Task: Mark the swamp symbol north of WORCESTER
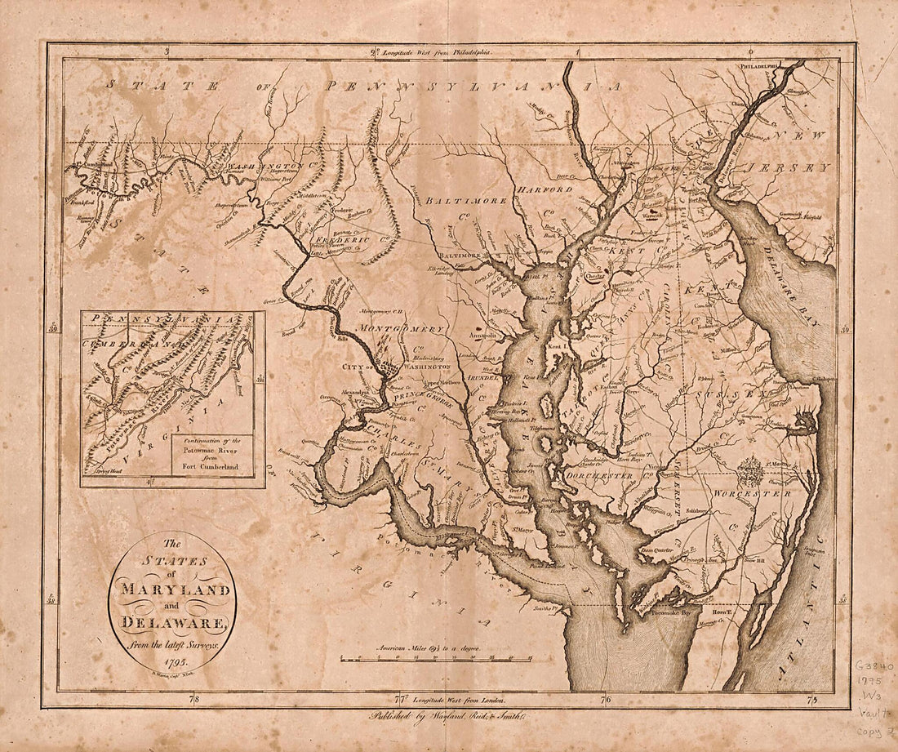(749, 471)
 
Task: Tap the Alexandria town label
(350, 391)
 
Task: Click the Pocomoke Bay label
(670, 610)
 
